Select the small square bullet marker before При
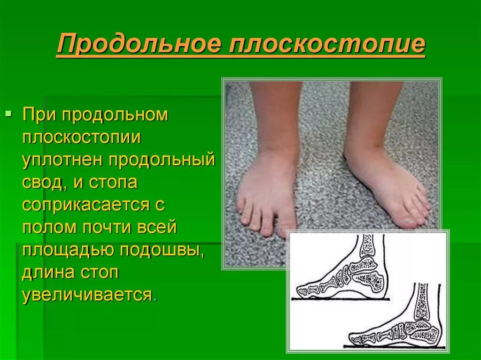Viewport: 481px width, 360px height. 8,114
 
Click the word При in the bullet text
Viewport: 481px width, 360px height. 39,115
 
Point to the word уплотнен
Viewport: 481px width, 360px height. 62,160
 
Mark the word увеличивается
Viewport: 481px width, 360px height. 87,295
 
